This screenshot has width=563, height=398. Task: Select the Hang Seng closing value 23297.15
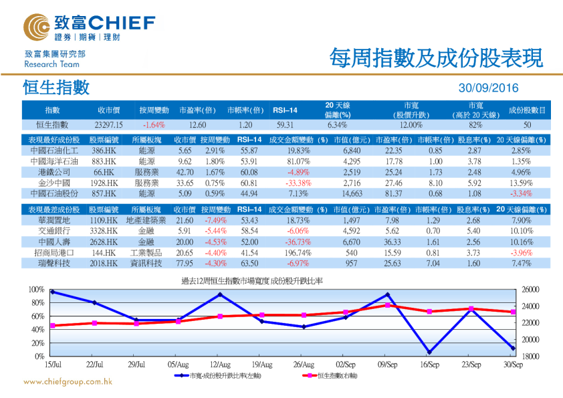pos(109,124)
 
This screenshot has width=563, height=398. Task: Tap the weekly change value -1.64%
pos(154,124)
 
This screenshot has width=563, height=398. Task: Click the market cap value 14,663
pos(352,193)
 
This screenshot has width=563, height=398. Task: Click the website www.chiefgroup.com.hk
pos(68,382)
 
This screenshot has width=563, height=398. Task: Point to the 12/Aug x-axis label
pos(220,365)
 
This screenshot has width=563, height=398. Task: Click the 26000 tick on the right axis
pos(528,290)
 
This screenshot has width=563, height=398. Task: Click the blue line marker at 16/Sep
pos(429,352)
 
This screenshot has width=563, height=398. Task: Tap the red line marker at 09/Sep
pos(388,305)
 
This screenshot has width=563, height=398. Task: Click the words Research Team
pos(51,64)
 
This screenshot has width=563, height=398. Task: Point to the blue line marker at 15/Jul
pos(53,292)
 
